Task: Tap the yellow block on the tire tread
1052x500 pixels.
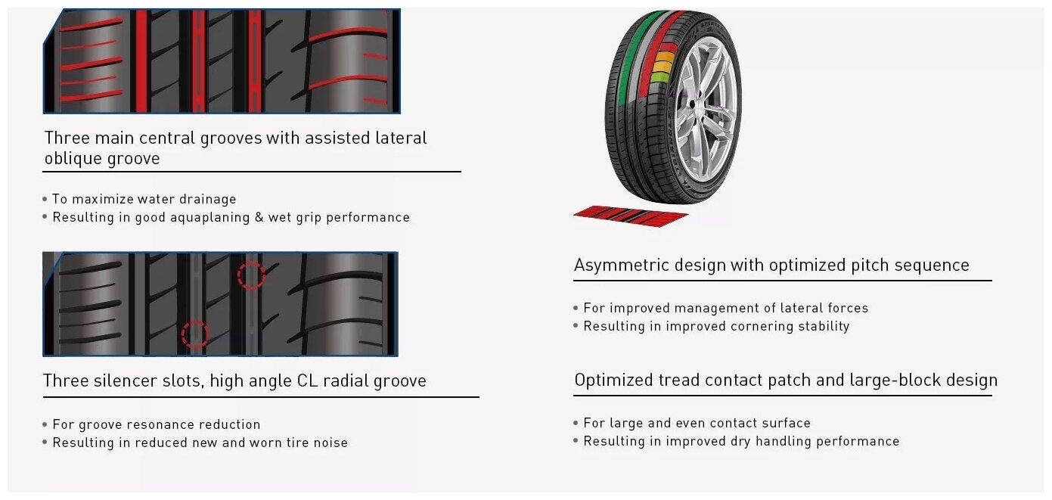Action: point(662,67)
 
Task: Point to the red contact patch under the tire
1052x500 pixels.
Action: point(630,216)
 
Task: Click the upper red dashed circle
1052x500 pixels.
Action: point(252,275)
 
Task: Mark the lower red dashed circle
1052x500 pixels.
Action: point(195,334)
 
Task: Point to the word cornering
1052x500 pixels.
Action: point(762,327)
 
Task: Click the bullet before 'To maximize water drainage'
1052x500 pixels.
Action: point(45,200)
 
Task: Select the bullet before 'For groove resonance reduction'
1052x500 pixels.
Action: point(45,425)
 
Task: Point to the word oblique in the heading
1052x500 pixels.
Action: point(72,159)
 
